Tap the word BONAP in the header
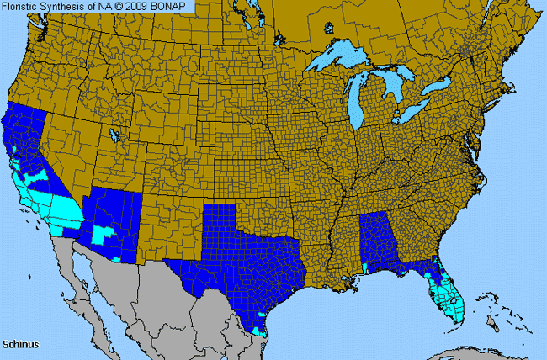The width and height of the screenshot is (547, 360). click(x=176, y=6)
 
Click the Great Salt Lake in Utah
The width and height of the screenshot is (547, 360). click(x=113, y=134)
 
